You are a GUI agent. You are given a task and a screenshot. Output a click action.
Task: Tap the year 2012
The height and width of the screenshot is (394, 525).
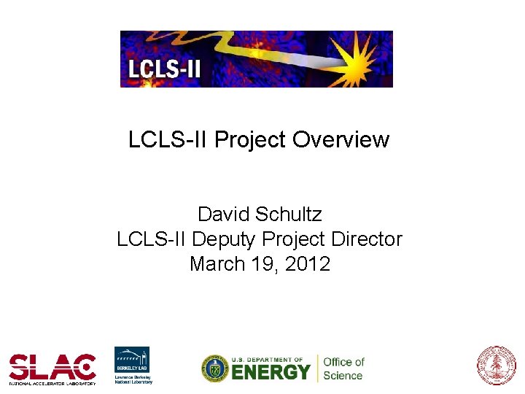307,263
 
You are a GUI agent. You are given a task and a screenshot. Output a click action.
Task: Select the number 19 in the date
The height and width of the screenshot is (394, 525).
264,263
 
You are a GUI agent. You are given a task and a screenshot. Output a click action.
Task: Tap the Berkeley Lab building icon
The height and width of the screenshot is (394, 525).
132,358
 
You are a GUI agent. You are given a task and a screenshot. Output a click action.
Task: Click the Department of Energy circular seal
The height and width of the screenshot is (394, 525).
215,368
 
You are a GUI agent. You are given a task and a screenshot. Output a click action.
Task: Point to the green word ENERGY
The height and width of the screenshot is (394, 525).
271,372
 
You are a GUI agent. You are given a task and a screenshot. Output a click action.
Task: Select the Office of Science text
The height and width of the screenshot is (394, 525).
343,368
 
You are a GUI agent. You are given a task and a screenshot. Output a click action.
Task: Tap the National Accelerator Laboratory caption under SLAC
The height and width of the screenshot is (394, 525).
52,382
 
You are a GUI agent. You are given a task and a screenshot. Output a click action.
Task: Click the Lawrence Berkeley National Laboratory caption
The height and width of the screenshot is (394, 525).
133,379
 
